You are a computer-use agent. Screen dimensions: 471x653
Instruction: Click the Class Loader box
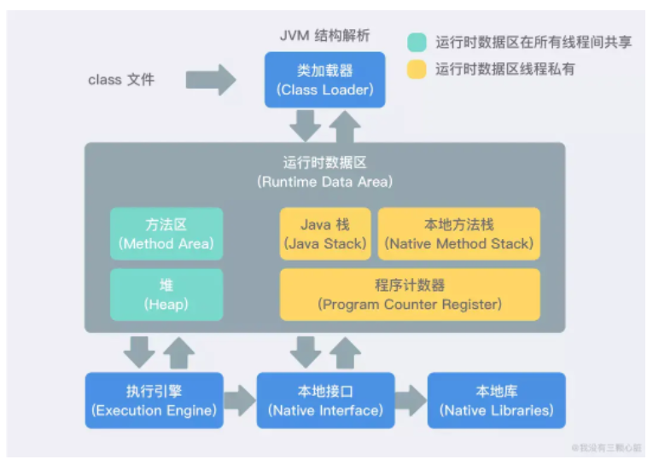point(324,79)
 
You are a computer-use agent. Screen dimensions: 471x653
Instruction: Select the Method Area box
point(166,234)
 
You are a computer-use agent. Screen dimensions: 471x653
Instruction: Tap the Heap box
point(166,294)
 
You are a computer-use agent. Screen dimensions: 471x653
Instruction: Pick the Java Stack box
point(325,234)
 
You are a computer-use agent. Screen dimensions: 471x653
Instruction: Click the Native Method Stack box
point(459,234)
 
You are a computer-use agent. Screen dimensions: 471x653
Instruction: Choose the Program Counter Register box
point(410,294)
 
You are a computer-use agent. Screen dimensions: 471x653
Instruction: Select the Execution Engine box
point(154,401)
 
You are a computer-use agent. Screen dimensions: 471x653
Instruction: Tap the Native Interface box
point(325,401)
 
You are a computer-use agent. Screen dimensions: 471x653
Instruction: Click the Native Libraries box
point(496,401)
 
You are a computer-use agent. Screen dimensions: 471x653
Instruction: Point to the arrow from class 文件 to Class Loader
point(211,79)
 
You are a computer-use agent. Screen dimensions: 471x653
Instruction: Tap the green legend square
point(417,42)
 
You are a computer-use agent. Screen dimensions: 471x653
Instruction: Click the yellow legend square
point(417,69)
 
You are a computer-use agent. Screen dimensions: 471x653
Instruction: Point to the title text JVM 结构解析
point(325,35)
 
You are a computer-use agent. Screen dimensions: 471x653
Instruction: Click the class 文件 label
point(121,79)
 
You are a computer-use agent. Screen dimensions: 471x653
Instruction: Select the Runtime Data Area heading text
point(325,172)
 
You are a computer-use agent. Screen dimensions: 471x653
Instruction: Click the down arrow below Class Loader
point(305,126)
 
